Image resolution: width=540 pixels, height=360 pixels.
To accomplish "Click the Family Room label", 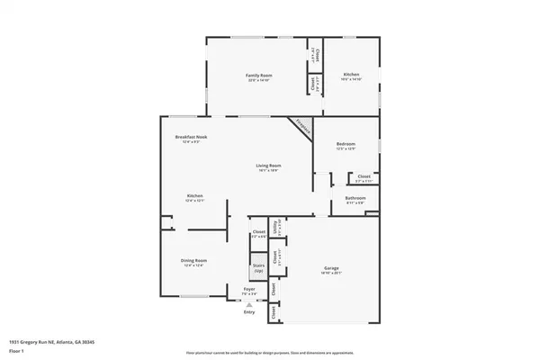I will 259,75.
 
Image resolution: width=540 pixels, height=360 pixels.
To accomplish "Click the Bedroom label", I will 346,144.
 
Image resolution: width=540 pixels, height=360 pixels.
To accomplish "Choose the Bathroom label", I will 355,198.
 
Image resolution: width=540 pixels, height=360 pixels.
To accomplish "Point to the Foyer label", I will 249,289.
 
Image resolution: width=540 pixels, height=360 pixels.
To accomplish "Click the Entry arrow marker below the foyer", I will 249,304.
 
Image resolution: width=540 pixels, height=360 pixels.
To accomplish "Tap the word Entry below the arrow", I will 249,312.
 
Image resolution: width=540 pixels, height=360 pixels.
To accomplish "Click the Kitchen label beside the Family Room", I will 350,75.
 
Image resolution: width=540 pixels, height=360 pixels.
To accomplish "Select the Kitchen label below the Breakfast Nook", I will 194,196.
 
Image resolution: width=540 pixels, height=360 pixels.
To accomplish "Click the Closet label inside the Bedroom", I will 363,176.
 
